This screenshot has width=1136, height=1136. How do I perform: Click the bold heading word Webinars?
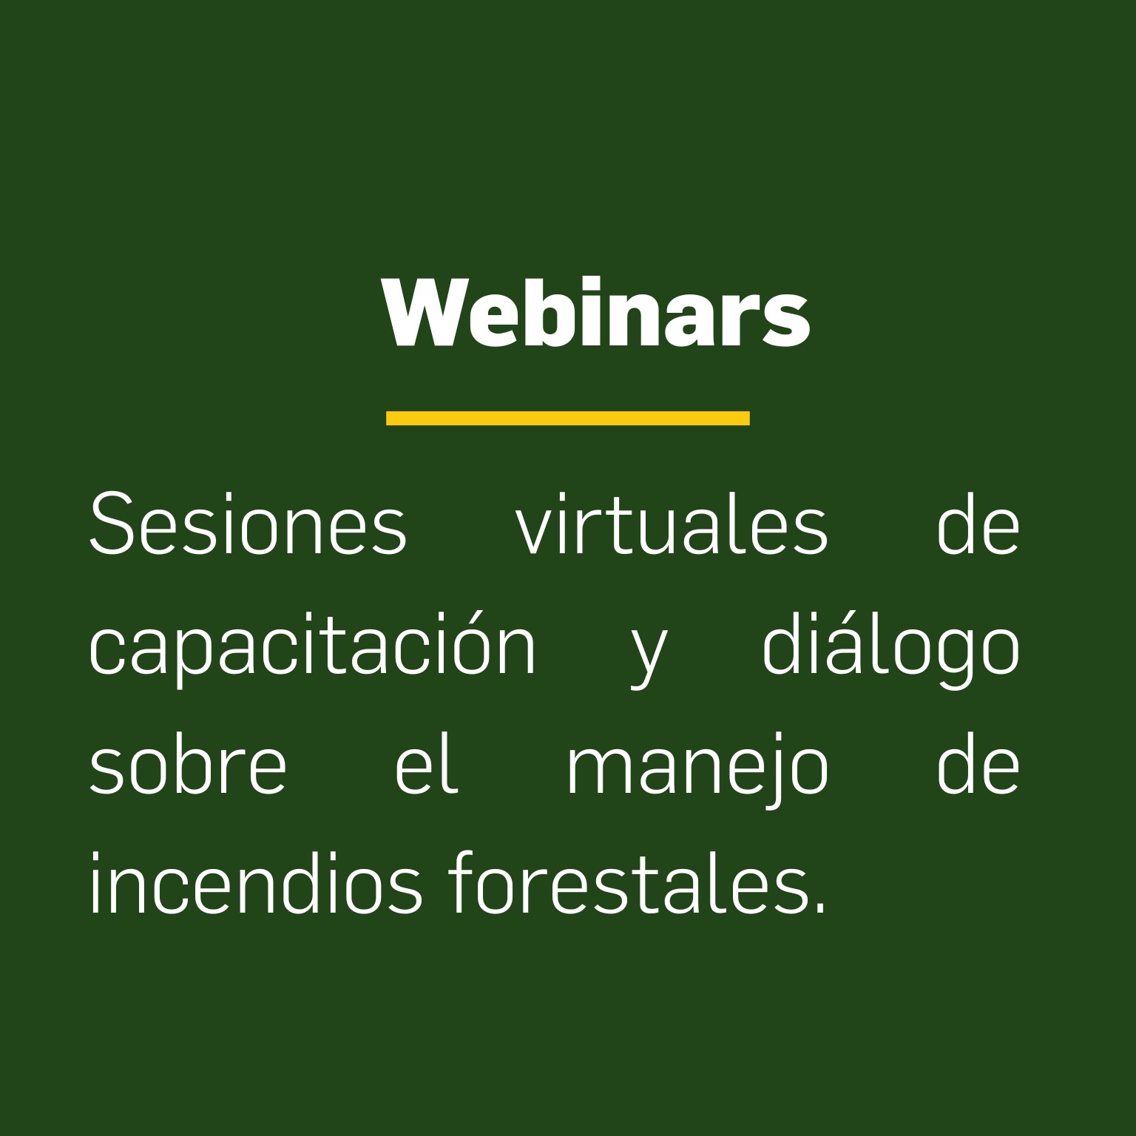[x=596, y=313]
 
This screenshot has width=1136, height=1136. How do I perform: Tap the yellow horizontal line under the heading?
[x=568, y=418]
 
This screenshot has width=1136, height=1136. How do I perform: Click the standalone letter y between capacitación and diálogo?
[x=649, y=655]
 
